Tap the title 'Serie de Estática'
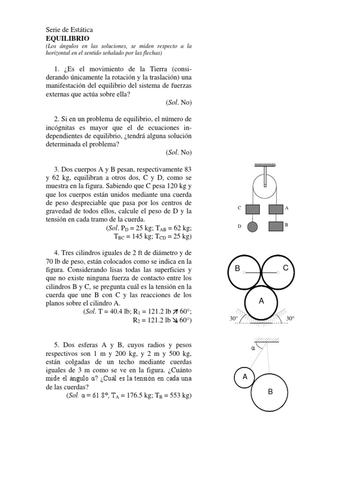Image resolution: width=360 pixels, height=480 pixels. [x=72, y=30]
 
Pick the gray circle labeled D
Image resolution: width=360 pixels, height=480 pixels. [x=253, y=226]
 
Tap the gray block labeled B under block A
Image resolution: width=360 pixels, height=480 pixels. [x=276, y=226]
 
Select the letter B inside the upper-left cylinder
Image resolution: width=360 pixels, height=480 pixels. [x=238, y=269]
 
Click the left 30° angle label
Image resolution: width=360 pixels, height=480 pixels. [x=234, y=319]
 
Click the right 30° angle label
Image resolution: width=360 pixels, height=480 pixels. [x=290, y=319]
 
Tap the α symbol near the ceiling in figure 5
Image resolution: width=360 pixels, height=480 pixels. [x=253, y=348]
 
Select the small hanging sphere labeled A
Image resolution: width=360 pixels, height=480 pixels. [x=244, y=377]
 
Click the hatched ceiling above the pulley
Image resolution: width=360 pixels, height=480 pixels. [x=265, y=165]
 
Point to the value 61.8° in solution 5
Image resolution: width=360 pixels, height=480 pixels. [x=98, y=396]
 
